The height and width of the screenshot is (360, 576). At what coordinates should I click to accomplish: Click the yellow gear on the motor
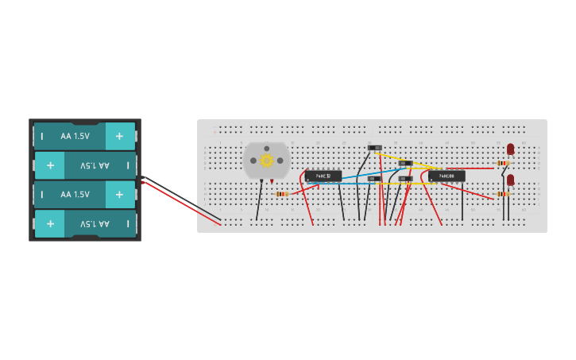tap(267, 161)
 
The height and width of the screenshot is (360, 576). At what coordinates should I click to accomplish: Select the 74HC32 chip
tap(323, 176)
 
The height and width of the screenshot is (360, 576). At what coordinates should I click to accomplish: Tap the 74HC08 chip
tap(446, 176)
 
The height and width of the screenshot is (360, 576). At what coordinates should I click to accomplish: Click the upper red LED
tap(510, 149)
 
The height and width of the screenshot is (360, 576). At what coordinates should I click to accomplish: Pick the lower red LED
tap(510, 180)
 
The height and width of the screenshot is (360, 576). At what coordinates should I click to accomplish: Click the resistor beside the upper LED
tap(503, 164)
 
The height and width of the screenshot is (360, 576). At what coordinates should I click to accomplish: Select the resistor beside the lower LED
tap(502, 194)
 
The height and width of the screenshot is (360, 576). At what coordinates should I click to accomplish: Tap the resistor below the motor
tap(281, 194)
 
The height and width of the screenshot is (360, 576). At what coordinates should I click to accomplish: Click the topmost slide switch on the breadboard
tap(375, 148)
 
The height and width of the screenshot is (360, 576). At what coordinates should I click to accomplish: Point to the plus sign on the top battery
tap(120, 136)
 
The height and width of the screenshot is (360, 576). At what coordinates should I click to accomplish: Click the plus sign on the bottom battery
tap(50, 224)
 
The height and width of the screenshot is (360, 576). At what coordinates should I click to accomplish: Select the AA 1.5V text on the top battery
tap(75, 136)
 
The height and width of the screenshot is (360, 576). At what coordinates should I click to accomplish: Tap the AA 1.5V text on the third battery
tap(75, 195)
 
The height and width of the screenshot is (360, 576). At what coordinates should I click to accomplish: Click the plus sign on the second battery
tap(50, 165)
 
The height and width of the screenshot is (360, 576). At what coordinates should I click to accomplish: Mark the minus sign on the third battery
tap(42, 195)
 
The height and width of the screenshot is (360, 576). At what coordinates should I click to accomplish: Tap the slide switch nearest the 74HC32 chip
tap(374, 179)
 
